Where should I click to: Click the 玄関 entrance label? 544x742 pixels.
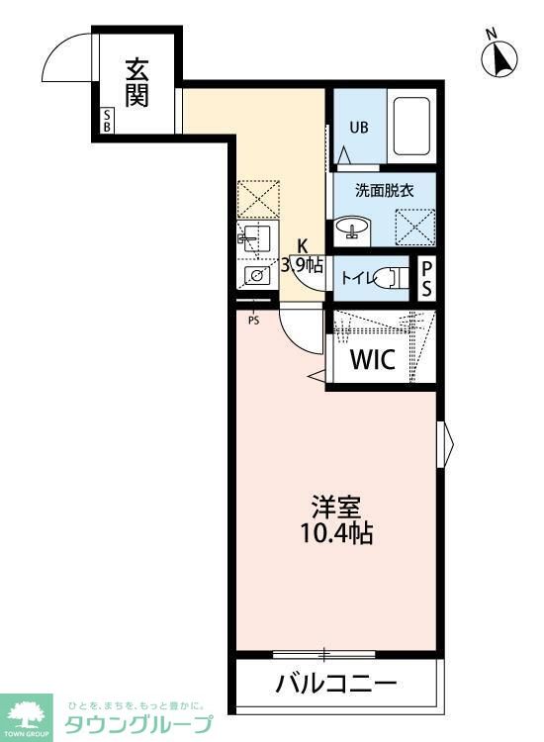coord(136,83)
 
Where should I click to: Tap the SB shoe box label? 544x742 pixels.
coord(107,120)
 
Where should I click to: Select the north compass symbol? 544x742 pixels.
coord(499,56)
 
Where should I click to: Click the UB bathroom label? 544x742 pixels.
coord(359,128)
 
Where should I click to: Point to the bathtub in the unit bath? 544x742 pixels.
coord(411,127)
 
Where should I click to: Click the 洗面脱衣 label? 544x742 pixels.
coord(385,190)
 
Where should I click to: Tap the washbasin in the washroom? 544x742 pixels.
coord(353,228)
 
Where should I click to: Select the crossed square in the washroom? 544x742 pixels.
coord(415,228)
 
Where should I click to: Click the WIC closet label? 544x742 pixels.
coord(373,360)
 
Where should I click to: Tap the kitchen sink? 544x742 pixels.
coord(257,240)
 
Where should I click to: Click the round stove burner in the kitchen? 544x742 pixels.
coord(257,274)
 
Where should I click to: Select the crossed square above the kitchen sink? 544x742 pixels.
coord(258,199)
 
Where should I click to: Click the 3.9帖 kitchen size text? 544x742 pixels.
coord(303,265)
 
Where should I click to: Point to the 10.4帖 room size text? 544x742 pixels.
coord(337,534)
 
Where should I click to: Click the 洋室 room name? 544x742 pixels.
coord(337,508)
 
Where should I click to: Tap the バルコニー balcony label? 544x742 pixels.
coord(337,684)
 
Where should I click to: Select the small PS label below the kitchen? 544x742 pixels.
coord(254,321)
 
